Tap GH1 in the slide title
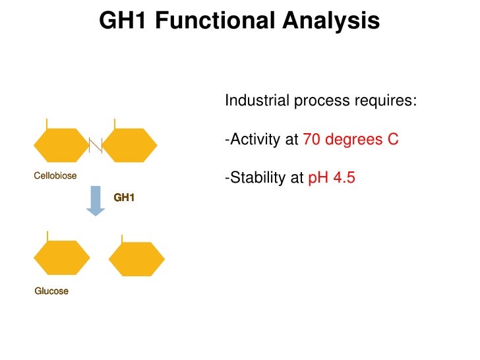[x=124, y=21]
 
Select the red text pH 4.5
[x=332, y=178]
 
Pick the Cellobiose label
[x=55, y=176]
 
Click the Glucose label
[x=51, y=291]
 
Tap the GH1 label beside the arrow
[x=124, y=197]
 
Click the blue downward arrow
[x=96, y=200]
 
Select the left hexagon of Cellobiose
[x=61, y=145]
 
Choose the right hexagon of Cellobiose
[x=130, y=145]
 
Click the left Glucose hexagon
[x=61, y=258]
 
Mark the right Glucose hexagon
[x=136, y=259]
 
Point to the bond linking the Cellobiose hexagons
[x=96, y=145]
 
